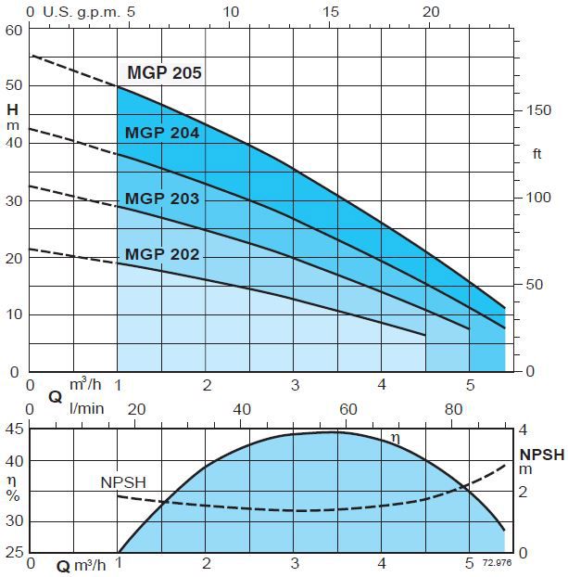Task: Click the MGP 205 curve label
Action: point(164,73)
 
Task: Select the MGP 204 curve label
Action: point(162,133)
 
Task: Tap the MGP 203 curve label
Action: point(162,199)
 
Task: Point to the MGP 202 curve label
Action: point(162,254)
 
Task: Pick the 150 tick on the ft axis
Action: point(538,111)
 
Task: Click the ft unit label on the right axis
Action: point(537,154)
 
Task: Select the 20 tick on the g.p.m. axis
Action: point(431,12)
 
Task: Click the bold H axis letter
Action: point(12,109)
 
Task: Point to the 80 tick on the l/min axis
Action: point(454,410)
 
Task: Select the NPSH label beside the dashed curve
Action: point(123,482)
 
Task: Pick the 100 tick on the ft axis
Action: point(538,198)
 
